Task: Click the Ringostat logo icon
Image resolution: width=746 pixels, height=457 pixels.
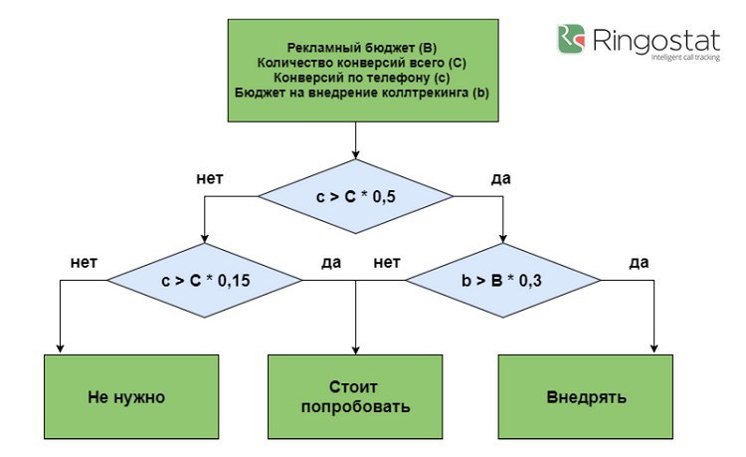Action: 571,39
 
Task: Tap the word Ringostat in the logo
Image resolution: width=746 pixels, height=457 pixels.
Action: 656,40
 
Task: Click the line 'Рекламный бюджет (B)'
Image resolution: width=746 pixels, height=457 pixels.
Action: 362,48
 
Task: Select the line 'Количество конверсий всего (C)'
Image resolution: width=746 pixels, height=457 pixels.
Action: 362,63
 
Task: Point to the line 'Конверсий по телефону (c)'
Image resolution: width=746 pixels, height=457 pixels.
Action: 362,78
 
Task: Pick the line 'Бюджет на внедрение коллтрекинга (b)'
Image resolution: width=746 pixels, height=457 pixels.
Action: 362,93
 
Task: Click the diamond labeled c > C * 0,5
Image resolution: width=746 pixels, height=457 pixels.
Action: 355,196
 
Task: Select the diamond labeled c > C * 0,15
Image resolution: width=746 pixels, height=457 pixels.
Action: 205,281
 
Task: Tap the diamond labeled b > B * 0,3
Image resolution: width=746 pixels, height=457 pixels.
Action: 503,281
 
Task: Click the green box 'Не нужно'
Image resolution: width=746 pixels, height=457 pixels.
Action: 131,396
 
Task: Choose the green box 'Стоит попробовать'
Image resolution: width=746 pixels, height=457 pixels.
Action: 355,396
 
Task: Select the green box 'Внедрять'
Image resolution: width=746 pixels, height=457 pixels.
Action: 586,396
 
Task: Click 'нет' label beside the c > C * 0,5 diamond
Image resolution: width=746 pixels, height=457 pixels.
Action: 210,178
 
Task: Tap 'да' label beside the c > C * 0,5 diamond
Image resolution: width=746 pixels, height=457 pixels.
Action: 501,179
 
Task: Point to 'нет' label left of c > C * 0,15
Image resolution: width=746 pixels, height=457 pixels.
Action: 84,262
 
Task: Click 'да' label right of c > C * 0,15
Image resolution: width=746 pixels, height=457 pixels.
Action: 331,263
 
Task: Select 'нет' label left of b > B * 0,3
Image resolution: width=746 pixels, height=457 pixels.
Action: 387,262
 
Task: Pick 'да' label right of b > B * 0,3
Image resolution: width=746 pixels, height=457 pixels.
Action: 639,263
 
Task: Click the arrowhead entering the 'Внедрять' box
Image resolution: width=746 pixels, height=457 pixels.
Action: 654,348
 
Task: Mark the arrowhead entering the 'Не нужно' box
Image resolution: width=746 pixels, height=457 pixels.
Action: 60,348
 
